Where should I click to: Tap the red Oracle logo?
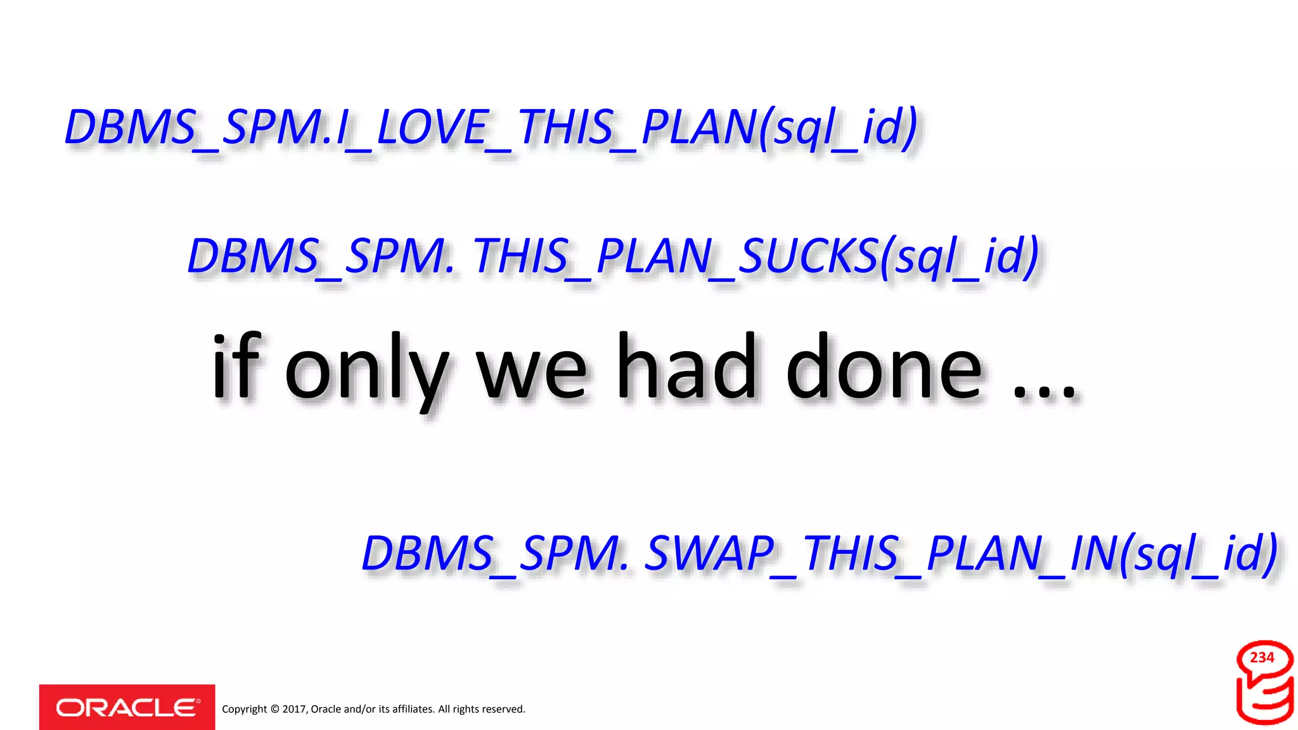point(127,707)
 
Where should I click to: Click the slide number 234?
point(1262,658)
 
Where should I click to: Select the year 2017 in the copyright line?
point(294,709)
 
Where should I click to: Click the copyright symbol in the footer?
point(274,709)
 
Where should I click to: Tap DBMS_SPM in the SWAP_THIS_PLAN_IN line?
point(494,553)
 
